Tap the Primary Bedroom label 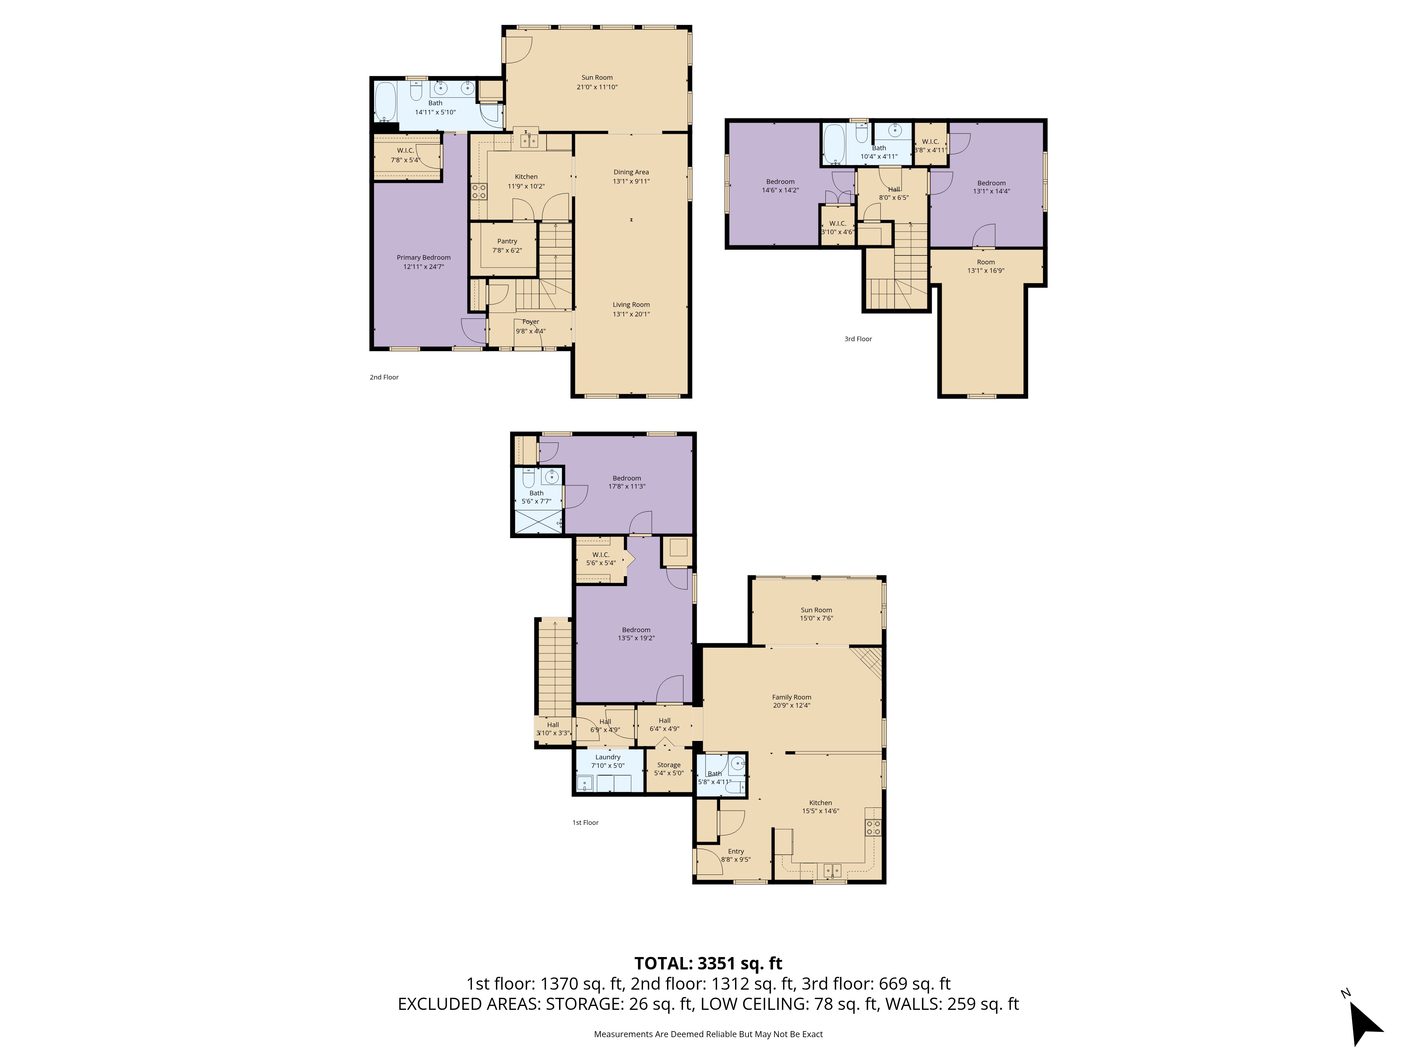click(x=423, y=258)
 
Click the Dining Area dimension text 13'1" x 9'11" click(x=631, y=181)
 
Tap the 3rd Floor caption click(x=858, y=339)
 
